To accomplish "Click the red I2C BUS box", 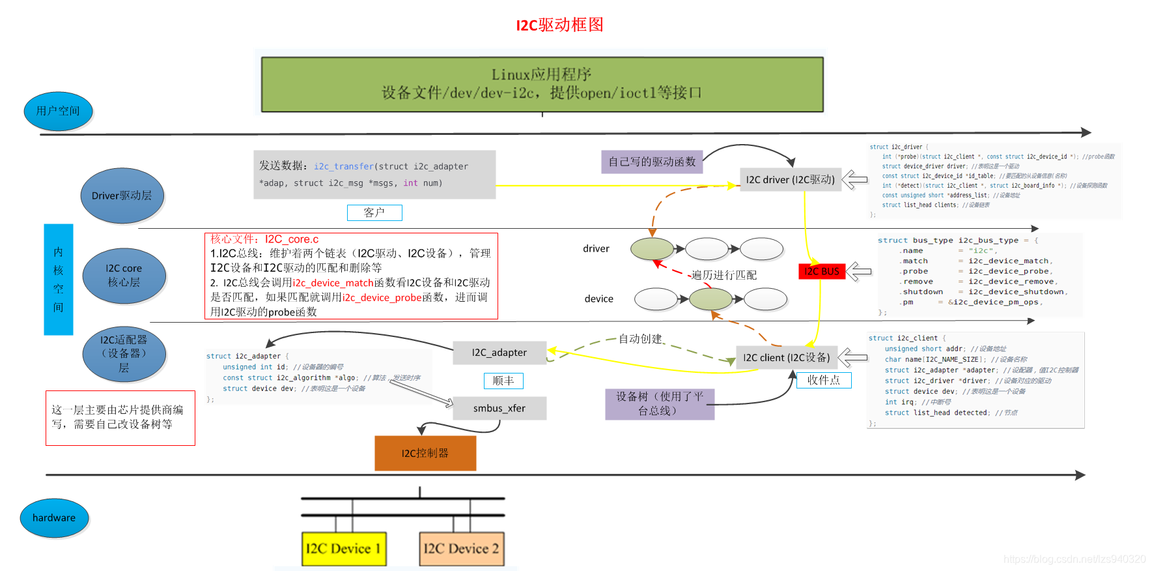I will click(x=821, y=271).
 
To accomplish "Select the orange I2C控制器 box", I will click(x=425, y=453).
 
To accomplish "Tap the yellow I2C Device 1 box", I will click(x=343, y=548).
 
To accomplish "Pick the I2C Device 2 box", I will click(x=461, y=548).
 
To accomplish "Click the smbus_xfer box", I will click(x=499, y=408).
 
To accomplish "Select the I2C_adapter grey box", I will click(x=499, y=353).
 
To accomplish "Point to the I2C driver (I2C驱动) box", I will click(x=790, y=179).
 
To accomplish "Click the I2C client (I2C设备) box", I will click(x=787, y=357).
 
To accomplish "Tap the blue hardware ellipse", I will click(x=54, y=518).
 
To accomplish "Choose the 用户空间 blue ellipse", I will click(x=58, y=111).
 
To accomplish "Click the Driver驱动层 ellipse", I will click(x=122, y=196).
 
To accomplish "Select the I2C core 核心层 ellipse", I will click(x=124, y=276).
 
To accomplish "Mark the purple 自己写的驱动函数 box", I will click(x=652, y=162).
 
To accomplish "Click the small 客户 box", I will click(x=374, y=212).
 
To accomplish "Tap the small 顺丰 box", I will click(x=503, y=381).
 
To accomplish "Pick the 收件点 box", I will click(x=824, y=380).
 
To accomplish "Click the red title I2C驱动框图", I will click(x=559, y=25).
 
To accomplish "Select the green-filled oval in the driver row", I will click(x=652, y=248).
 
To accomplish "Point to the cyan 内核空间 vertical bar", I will click(x=59, y=279).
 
